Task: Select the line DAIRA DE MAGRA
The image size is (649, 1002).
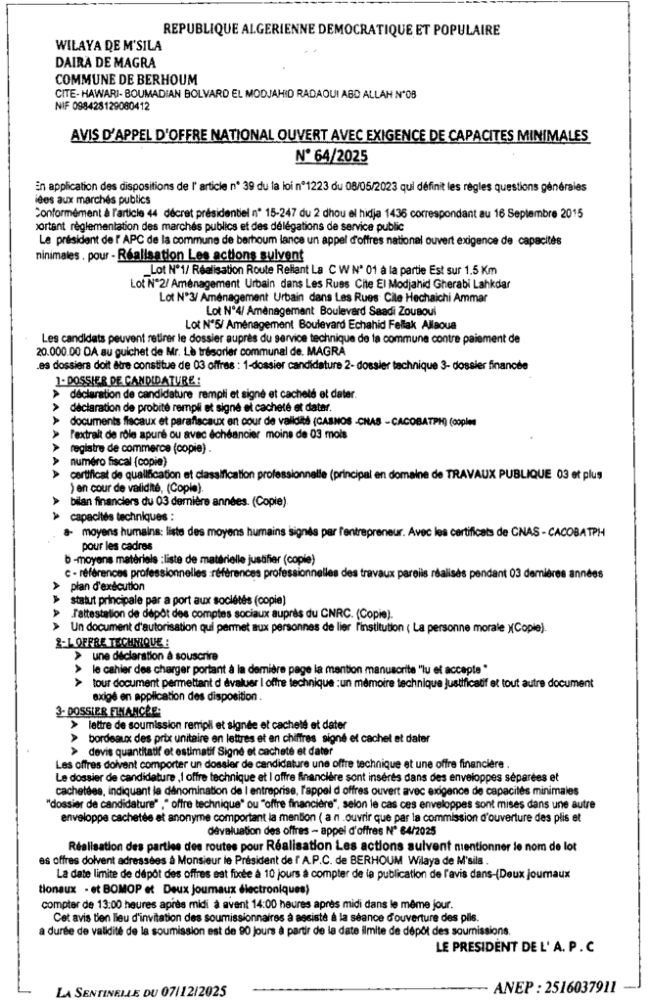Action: pyautogui.click(x=99, y=63)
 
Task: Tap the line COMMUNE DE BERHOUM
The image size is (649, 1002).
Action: pyautogui.click(x=124, y=78)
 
